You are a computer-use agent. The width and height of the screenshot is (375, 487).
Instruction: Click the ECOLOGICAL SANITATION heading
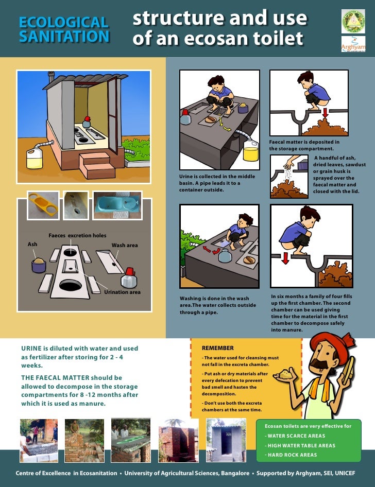pyautogui.click(x=63, y=29)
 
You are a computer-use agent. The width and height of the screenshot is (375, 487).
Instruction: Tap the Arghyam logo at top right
pyautogui.click(x=353, y=44)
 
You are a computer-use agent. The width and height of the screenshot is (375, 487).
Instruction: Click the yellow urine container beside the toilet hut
pyautogui.click(x=35, y=158)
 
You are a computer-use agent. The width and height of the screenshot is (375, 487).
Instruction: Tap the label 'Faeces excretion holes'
pyautogui.click(x=77, y=236)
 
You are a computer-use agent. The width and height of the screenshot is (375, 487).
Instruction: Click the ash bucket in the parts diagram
pyautogui.click(x=39, y=265)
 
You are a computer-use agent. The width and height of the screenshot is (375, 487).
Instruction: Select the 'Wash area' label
pyautogui.click(x=125, y=246)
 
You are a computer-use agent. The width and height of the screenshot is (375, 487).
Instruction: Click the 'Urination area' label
pyautogui.click(x=123, y=292)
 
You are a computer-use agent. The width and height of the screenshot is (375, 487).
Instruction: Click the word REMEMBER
pyautogui.click(x=217, y=348)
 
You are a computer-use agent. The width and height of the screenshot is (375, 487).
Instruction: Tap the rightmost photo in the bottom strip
pyautogui.click(x=226, y=440)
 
